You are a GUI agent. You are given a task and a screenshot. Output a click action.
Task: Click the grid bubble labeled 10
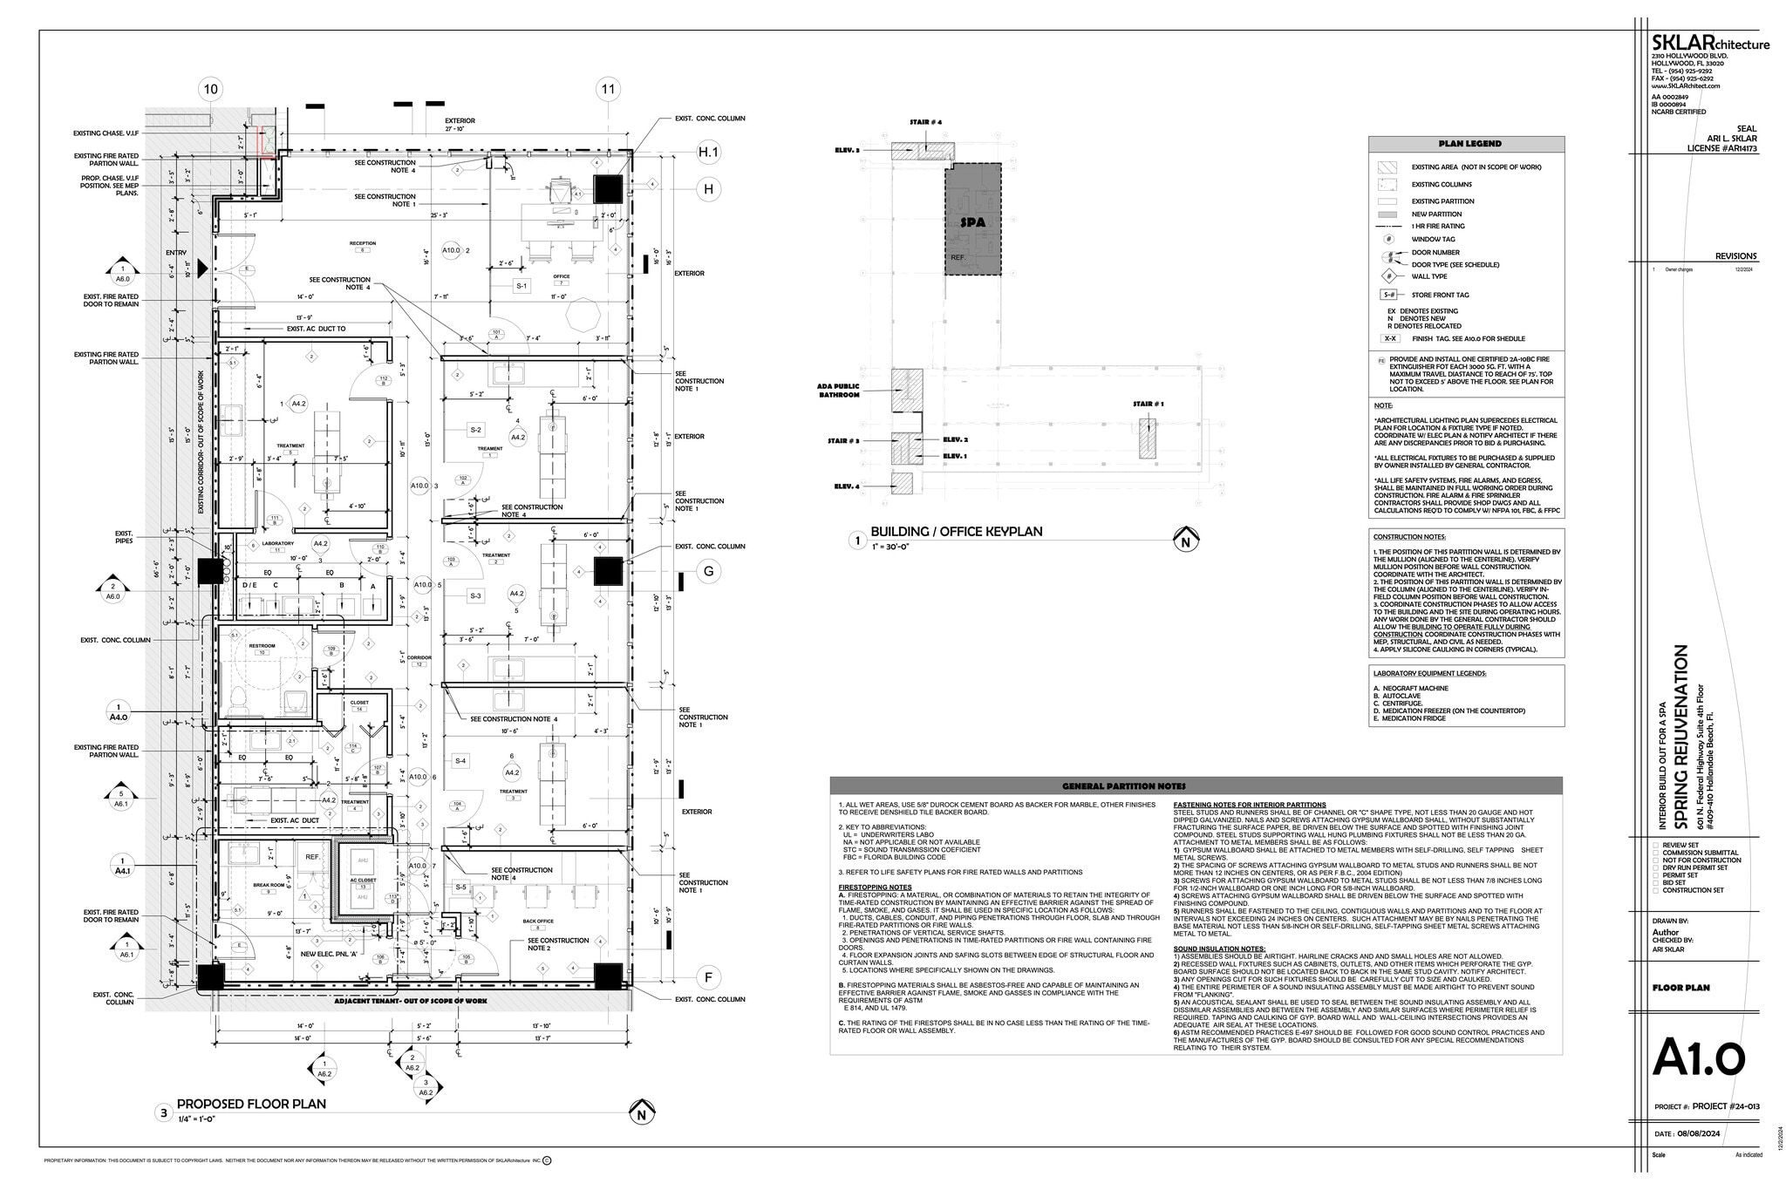tap(210, 89)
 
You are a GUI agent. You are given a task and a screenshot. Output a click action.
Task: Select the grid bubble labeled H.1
tap(708, 153)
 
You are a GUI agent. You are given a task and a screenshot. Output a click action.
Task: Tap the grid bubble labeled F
tap(708, 976)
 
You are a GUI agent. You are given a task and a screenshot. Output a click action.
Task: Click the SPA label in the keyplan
tap(972, 222)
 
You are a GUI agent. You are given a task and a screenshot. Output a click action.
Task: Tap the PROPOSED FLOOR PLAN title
tap(251, 1104)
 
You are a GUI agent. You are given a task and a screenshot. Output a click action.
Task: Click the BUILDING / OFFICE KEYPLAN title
tap(956, 532)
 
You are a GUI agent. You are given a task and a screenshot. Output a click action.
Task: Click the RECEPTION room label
tap(363, 244)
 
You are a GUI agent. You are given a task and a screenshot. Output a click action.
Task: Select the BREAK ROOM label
tap(269, 885)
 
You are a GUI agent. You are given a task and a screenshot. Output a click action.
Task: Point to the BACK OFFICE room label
tap(538, 921)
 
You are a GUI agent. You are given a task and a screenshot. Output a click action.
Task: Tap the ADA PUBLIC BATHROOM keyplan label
tap(838, 391)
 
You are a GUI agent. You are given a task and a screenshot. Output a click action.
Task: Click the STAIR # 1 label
tap(1148, 405)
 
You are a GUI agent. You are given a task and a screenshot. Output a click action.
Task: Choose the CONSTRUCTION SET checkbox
tap(1656, 890)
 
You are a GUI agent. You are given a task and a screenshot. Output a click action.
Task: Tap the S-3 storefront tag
tap(475, 596)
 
